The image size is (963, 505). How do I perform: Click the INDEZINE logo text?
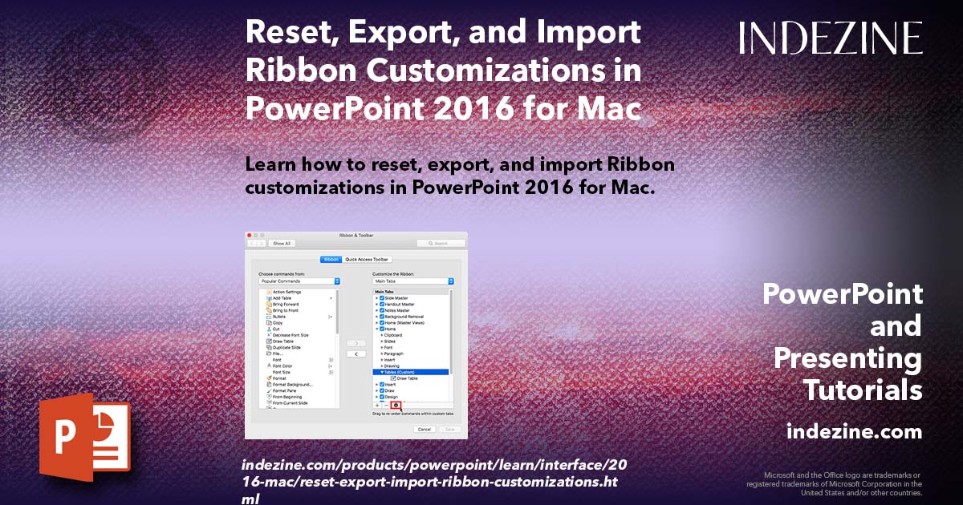click(x=831, y=38)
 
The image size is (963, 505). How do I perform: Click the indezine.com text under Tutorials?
click(x=854, y=432)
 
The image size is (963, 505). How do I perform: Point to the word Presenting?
click(x=847, y=358)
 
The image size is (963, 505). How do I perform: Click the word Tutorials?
click(x=862, y=390)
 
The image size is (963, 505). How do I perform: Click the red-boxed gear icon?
click(x=396, y=406)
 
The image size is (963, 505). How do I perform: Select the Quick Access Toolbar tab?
click(x=368, y=260)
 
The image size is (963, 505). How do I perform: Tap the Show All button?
click(x=282, y=243)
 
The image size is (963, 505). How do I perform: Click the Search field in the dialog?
click(x=441, y=243)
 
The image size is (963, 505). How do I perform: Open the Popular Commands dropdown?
click(x=299, y=281)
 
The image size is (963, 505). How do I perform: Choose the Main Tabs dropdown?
click(x=413, y=281)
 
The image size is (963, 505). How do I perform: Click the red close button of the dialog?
click(x=249, y=235)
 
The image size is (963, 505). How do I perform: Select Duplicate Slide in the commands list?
click(x=286, y=347)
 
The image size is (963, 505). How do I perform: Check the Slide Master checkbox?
click(x=382, y=298)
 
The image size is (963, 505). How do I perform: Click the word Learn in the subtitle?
click(x=270, y=165)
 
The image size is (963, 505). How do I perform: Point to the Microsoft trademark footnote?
click(x=835, y=484)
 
